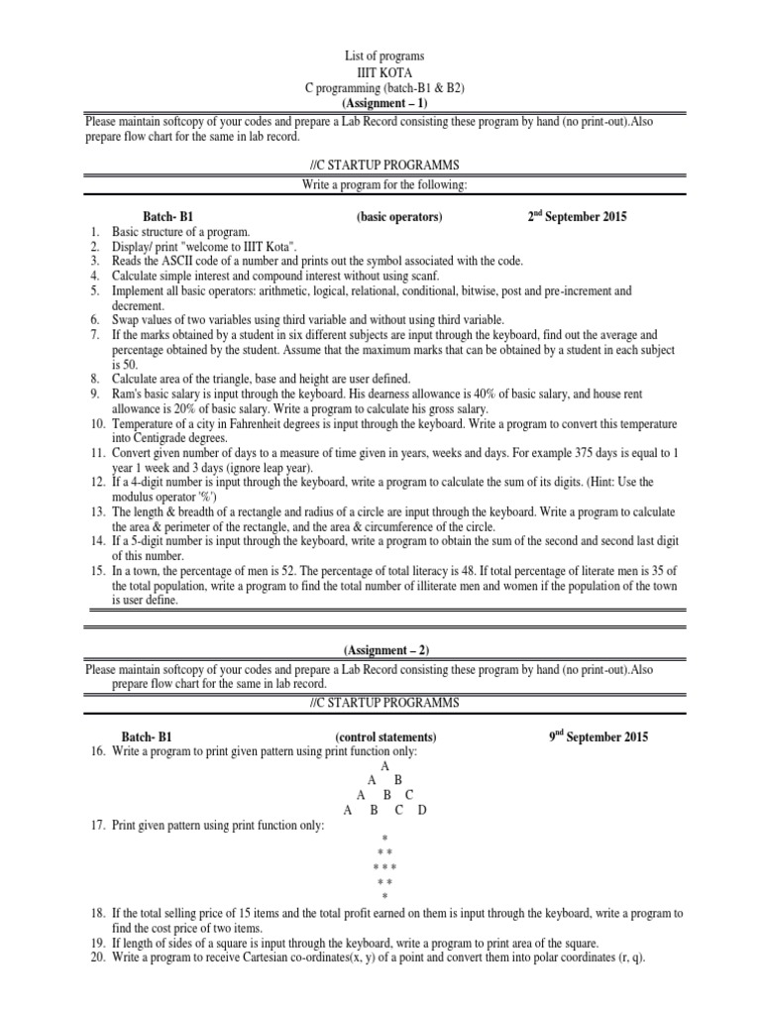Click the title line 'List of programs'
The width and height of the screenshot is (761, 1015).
(382, 56)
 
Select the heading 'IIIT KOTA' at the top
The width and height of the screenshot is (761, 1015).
(382, 73)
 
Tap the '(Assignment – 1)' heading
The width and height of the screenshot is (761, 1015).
(382, 103)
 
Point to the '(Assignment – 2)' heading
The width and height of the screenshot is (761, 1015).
(386, 650)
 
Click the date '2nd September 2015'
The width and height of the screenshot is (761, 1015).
(577, 216)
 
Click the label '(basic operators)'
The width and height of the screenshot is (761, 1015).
(398, 217)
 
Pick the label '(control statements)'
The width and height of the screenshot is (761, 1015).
(385, 737)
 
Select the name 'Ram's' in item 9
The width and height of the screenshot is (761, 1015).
(127, 394)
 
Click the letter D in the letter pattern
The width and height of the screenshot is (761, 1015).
(422, 810)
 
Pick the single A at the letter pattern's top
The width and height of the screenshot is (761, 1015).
(384, 766)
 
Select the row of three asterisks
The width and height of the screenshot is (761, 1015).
(383, 867)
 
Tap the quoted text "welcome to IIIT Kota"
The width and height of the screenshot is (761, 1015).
(241, 246)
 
